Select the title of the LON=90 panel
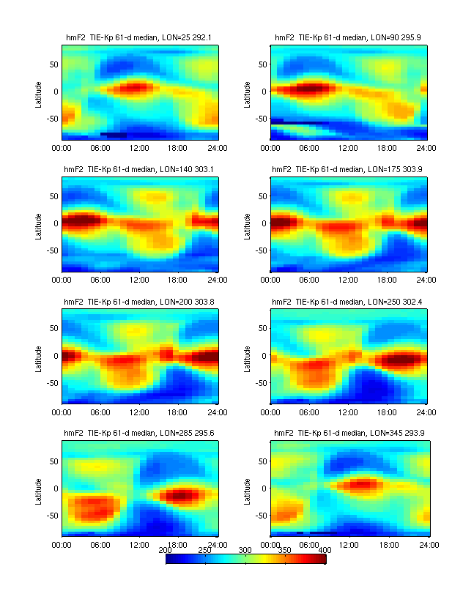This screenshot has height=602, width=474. tap(349, 37)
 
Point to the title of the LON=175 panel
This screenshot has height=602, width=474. tap(349, 168)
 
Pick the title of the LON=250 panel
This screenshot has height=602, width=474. tap(349, 301)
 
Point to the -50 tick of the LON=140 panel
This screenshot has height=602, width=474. tap(51, 250)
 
